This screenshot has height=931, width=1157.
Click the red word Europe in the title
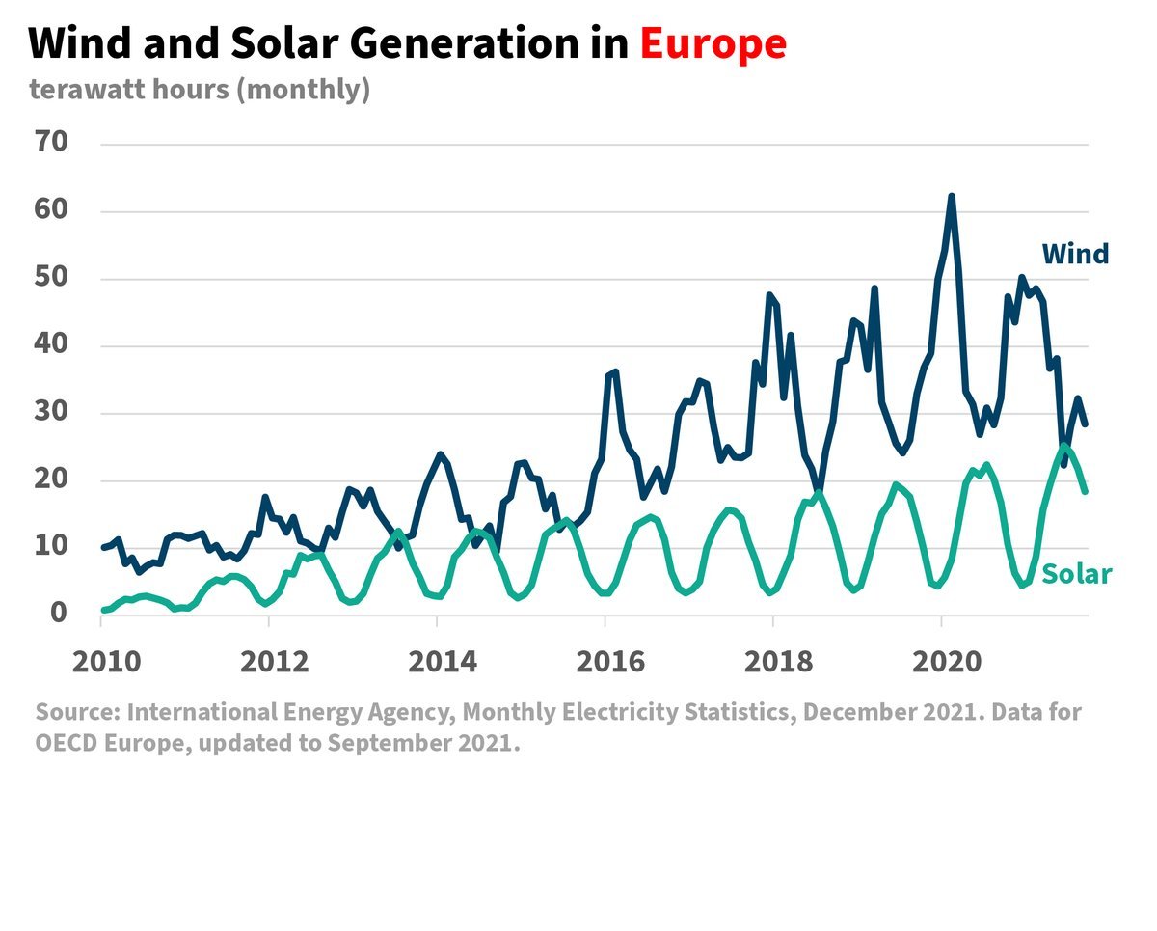pyautogui.click(x=713, y=43)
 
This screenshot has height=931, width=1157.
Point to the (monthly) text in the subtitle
pyautogui.click(x=304, y=90)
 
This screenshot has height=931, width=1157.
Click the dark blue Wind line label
pyautogui.click(x=1075, y=254)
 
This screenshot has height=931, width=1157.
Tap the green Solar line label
pyautogui.click(x=1077, y=575)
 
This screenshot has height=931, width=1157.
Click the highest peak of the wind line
pyautogui.click(x=952, y=197)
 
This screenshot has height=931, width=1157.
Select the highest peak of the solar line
pyautogui.click(x=1063, y=446)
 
